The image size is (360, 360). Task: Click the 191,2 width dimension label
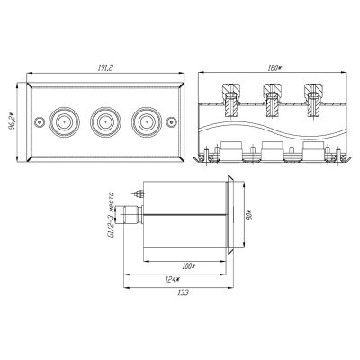click(x=104, y=68)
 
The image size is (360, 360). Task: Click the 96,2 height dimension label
click(x=12, y=121)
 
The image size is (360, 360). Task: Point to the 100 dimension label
click(x=188, y=265)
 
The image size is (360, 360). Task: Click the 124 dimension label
click(x=172, y=279)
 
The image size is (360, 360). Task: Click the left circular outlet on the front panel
click(x=64, y=122)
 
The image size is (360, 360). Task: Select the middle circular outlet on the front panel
click(x=105, y=122)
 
